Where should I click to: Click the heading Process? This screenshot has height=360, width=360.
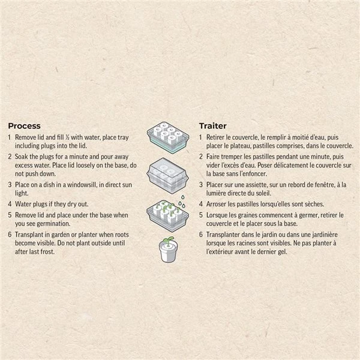click(24, 126)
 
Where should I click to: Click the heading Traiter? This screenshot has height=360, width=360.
click(213, 126)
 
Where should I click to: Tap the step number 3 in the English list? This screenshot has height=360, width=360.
click(10, 185)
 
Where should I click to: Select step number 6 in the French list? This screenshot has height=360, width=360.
click(201, 235)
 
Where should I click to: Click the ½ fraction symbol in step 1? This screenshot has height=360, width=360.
click(67, 137)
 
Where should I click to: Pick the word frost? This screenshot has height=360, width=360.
click(47, 251)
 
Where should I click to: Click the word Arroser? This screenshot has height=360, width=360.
click(215, 204)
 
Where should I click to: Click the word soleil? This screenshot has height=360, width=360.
click(263, 193)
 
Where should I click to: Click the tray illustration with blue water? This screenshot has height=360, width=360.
click(168, 137)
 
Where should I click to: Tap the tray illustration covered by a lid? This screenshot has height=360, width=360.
click(167, 175)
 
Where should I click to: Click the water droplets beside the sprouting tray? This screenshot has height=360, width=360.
click(182, 202)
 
